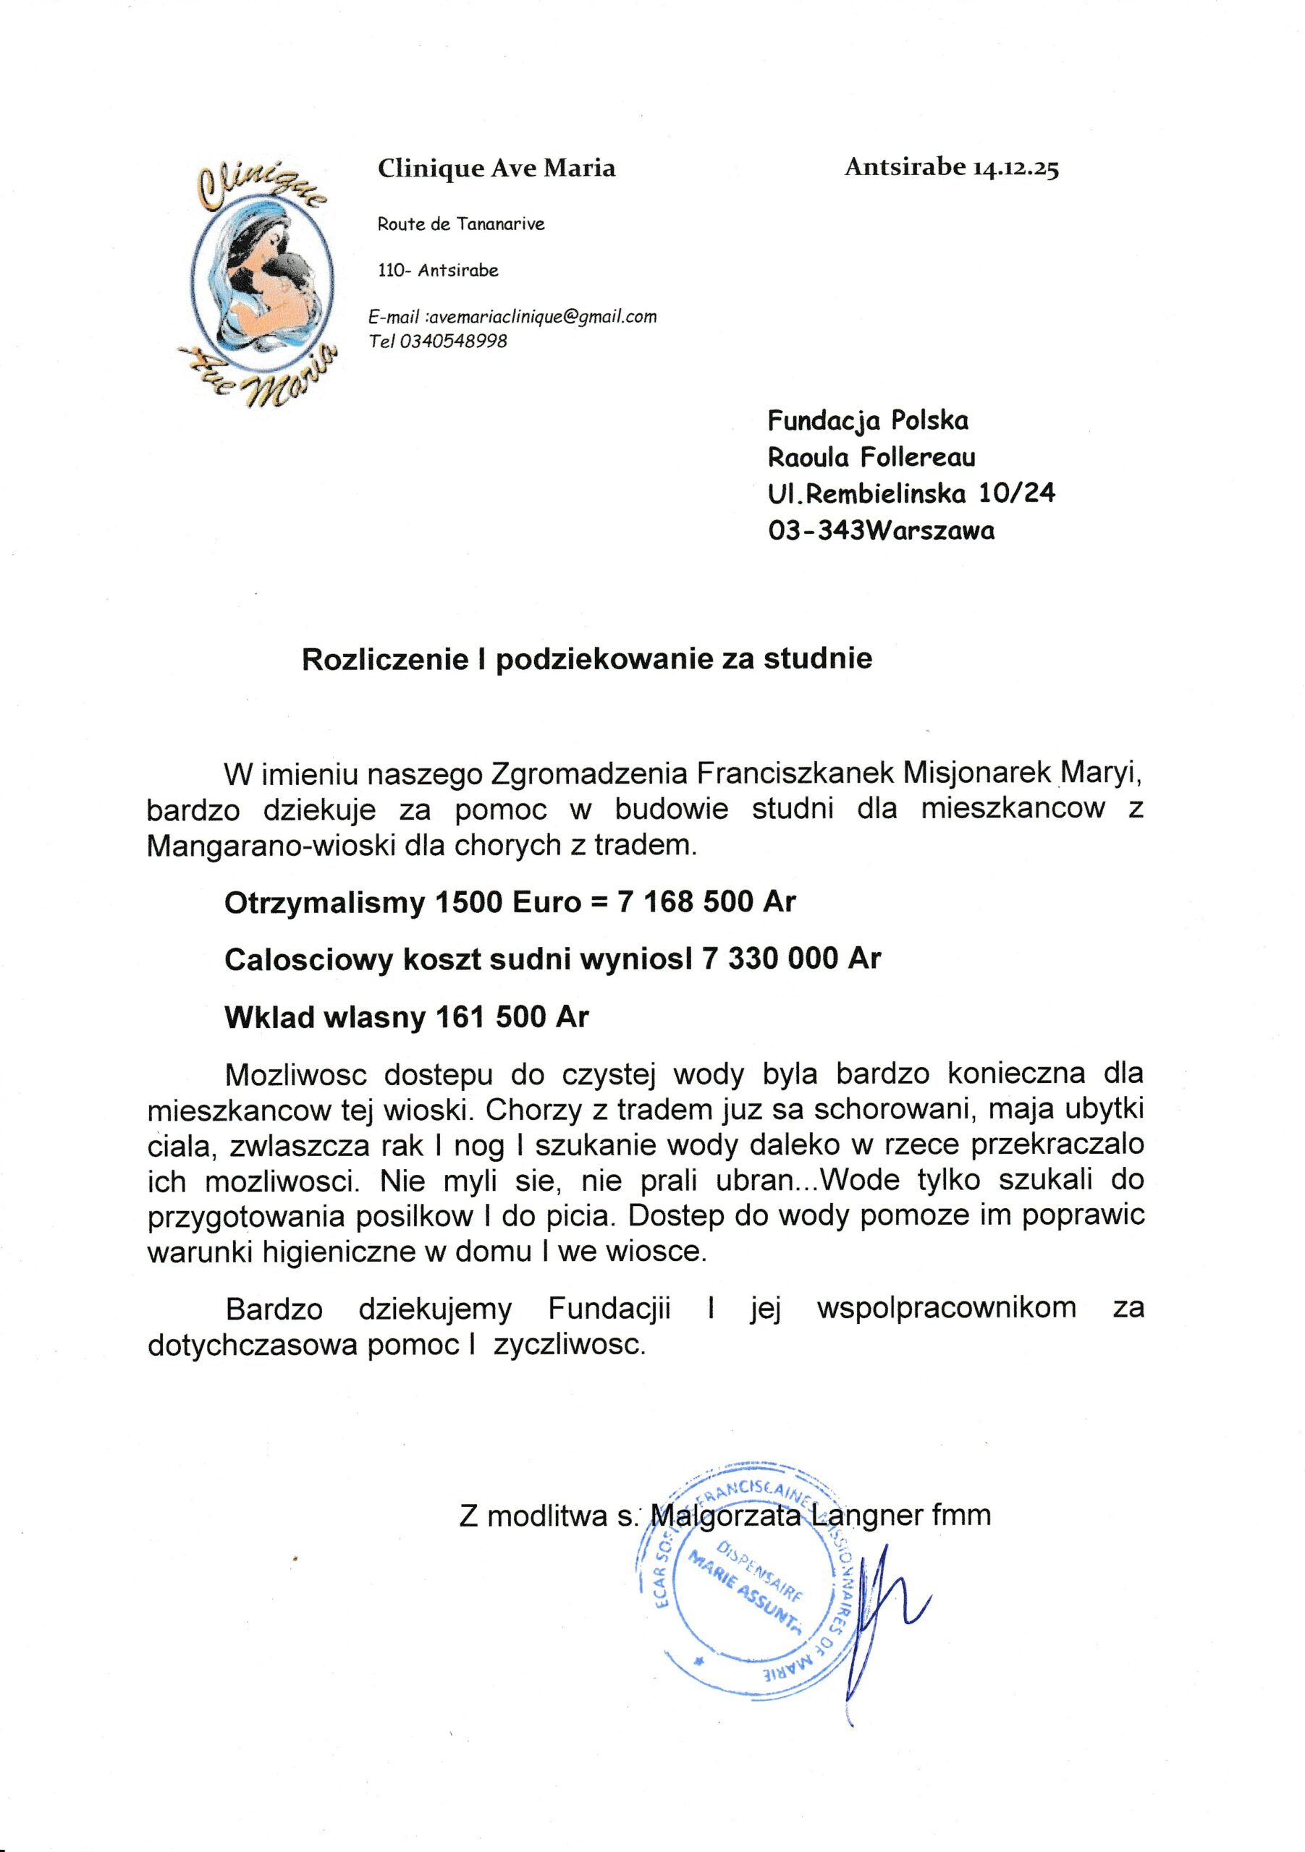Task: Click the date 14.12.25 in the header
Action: pyautogui.click(x=1015, y=169)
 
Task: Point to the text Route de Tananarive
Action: pyautogui.click(x=461, y=224)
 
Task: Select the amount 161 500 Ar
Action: pyautogui.click(x=512, y=1016)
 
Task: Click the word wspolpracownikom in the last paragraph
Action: pyautogui.click(x=946, y=1307)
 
